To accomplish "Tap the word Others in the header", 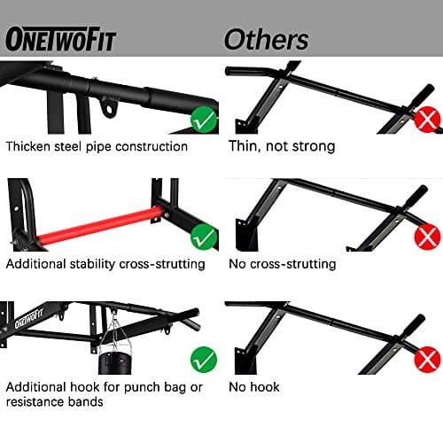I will tap(266, 39).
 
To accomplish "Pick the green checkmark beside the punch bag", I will tap(203, 358).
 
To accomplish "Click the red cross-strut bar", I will tap(97, 226).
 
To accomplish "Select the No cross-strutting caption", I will tap(282, 263).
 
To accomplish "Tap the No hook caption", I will tap(253, 386).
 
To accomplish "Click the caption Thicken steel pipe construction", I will tap(97, 146).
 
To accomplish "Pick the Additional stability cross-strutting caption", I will tap(105, 263).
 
